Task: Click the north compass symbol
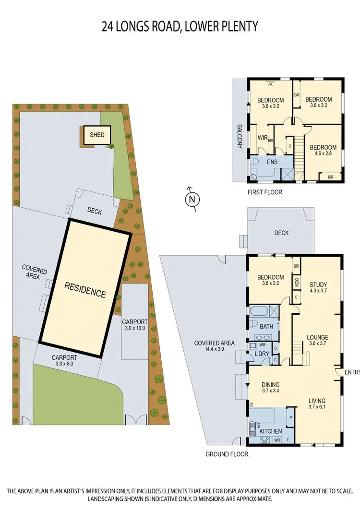(x=192, y=199)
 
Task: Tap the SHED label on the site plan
(x=94, y=135)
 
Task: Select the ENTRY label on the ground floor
(x=352, y=372)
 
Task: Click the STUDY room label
(x=318, y=284)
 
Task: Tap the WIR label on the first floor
(x=262, y=138)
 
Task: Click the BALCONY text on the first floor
(x=239, y=137)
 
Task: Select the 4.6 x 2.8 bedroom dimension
(x=323, y=154)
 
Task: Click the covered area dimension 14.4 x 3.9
(x=214, y=350)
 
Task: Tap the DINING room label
(x=271, y=385)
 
